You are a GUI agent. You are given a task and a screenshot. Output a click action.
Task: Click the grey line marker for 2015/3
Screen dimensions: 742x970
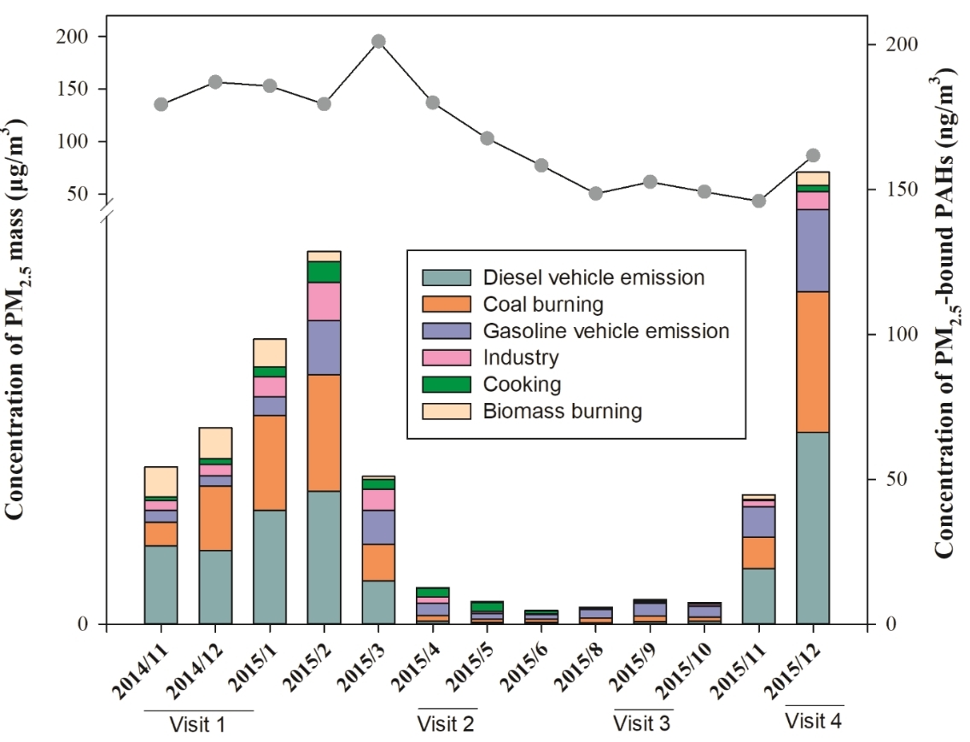coord(378,41)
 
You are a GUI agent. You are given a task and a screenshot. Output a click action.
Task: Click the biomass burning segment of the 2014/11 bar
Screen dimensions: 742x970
coord(161,481)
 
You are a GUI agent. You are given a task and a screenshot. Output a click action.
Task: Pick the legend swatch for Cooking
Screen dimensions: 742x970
coord(446,384)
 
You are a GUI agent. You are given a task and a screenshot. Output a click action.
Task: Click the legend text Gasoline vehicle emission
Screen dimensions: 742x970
coord(606,331)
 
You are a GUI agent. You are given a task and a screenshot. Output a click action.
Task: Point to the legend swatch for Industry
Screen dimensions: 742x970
coord(446,358)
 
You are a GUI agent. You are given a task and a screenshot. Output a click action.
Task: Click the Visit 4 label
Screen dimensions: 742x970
coord(813,721)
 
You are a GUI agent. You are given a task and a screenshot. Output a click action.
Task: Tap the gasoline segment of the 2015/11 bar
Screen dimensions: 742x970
coord(758,521)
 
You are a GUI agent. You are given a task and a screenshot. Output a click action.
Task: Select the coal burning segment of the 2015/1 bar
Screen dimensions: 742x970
coord(270,462)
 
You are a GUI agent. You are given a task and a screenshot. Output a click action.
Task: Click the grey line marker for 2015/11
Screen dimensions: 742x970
coord(758,202)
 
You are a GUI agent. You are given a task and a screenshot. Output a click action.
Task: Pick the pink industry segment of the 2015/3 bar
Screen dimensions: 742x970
coord(378,499)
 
